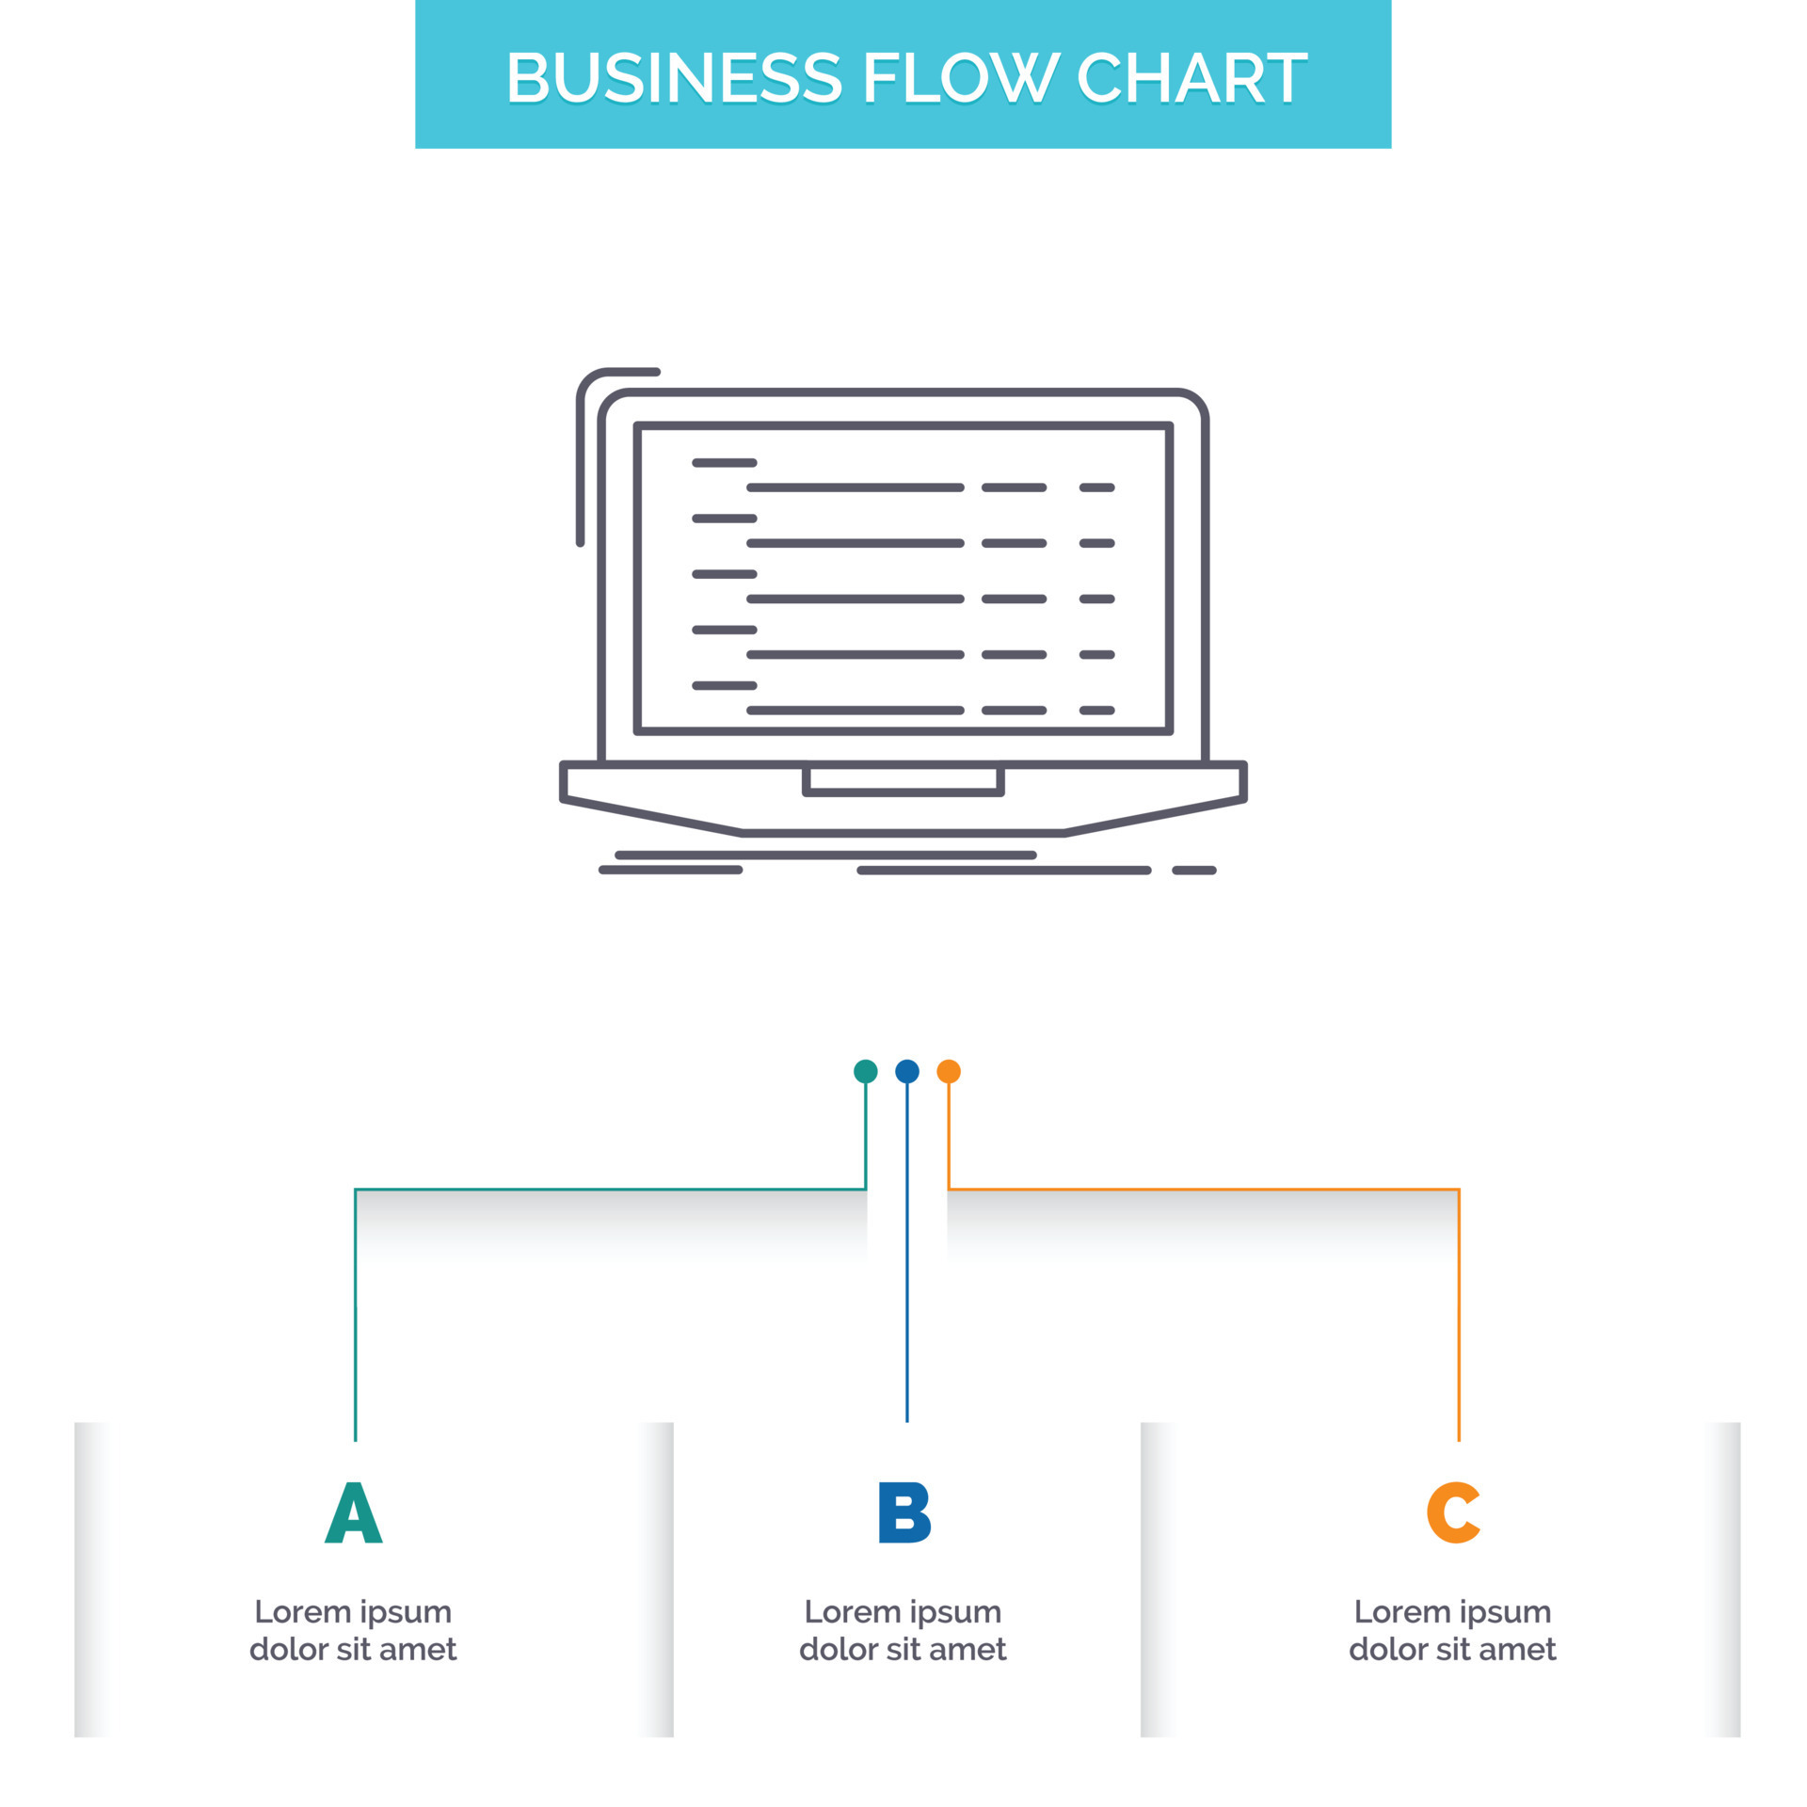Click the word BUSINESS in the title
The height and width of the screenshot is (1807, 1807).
point(674,77)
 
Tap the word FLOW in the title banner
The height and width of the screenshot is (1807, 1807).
point(963,77)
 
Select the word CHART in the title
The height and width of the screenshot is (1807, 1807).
point(1191,77)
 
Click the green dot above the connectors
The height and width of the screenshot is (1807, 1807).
point(865,1071)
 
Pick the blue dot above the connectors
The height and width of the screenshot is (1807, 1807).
point(906,1071)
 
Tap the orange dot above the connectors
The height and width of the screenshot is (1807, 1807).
point(949,1071)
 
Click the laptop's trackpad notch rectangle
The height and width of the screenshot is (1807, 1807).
point(903,780)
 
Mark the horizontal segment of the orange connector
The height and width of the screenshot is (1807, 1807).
point(1204,1190)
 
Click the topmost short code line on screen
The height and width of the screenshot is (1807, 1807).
point(725,463)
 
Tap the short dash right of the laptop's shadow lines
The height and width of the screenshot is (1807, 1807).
point(1194,871)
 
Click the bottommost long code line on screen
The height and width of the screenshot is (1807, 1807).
point(855,711)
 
